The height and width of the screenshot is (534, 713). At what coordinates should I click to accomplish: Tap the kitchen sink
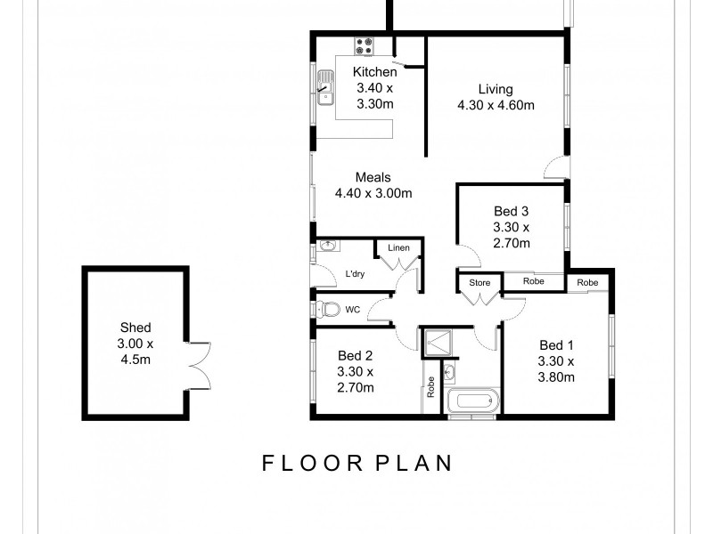coord(324,87)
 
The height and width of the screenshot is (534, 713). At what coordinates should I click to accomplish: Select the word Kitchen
coord(374,72)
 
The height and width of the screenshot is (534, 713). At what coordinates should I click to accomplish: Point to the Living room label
coord(496,89)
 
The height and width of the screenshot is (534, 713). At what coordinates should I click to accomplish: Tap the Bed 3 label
coord(512,211)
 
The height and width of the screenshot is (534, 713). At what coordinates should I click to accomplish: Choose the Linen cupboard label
coord(397,247)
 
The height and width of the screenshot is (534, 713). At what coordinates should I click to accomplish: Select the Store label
coord(479,283)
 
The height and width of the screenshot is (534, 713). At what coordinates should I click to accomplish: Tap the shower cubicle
coord(438,340)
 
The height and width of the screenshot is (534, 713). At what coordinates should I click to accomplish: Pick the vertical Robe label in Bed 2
coord(430,386)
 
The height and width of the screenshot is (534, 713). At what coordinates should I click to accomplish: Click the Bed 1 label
coord(556,344)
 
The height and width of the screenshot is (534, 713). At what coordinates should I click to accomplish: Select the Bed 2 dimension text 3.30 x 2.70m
coord(356,379)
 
